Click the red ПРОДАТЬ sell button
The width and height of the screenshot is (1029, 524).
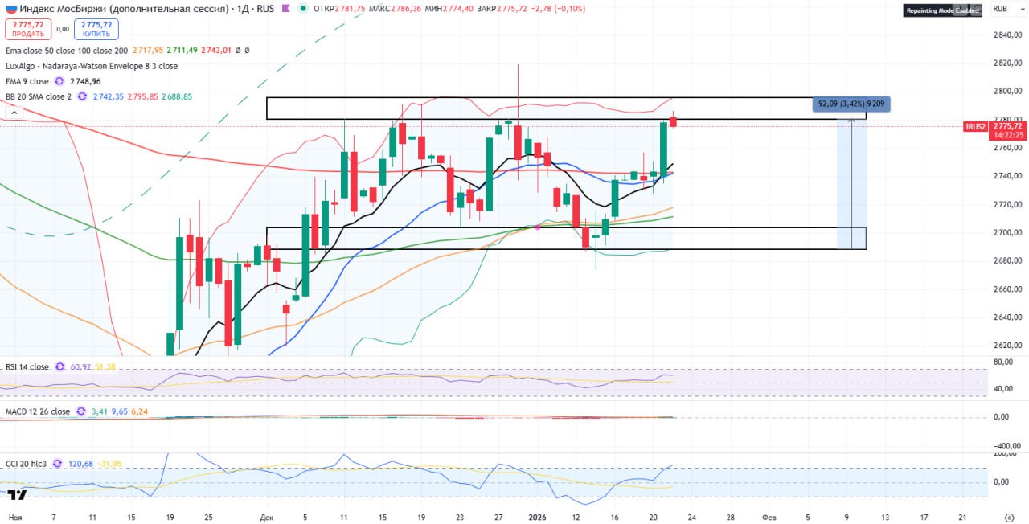coord(28,30)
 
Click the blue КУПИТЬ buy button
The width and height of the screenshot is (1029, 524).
coord(96,30)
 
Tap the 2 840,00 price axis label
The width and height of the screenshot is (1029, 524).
coord(1006,35)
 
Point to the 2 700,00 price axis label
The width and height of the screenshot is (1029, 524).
coord(1006,233)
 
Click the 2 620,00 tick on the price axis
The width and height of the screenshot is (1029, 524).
coord(1006,346)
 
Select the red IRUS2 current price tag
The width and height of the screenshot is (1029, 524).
coord(994,127)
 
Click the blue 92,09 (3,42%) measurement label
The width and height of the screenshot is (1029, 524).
coord(851,104)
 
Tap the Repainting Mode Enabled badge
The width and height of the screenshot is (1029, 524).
coord(943,10)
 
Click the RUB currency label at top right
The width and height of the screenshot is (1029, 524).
coord(1001,9)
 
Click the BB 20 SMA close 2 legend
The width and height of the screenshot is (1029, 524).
coord(39,96)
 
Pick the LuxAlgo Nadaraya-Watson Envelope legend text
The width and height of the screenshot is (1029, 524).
coord(92,66)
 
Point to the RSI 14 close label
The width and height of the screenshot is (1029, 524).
coord(27,367)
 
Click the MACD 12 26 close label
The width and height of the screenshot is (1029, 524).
coord(35,411)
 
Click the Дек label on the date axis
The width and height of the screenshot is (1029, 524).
coord(267,518)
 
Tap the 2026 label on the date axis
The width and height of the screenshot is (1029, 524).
coord(537,518)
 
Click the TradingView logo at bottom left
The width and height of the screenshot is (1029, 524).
coord(18,495)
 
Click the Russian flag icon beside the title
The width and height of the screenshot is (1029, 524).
coord(10,8)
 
